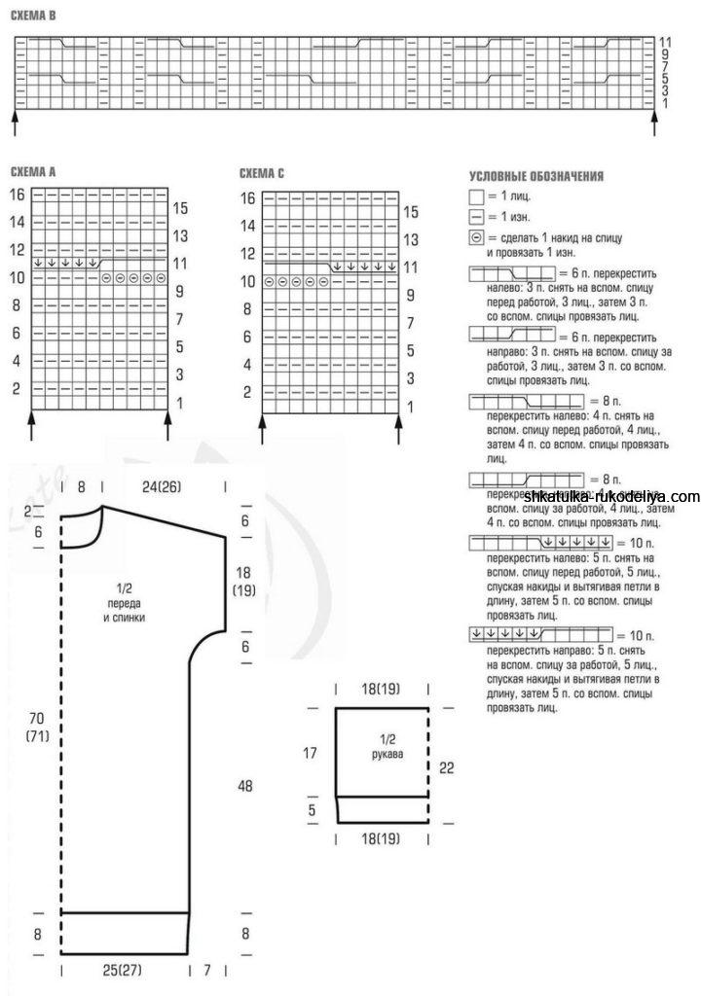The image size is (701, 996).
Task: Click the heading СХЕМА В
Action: (33, 17)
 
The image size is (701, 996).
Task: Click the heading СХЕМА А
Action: (33, 172)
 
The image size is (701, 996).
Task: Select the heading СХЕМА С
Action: (262, 174)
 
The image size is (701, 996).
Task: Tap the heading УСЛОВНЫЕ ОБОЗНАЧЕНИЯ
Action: (536, 177)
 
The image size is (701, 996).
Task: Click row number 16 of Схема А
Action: (17, 195)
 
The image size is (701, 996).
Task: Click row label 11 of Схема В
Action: (666, 42)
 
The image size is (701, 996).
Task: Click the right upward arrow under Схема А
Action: (170, 419)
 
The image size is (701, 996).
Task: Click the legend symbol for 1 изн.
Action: (476, 217)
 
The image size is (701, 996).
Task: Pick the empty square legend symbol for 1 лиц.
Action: (476, 197)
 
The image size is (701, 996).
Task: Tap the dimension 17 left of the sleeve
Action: (311, 752)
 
